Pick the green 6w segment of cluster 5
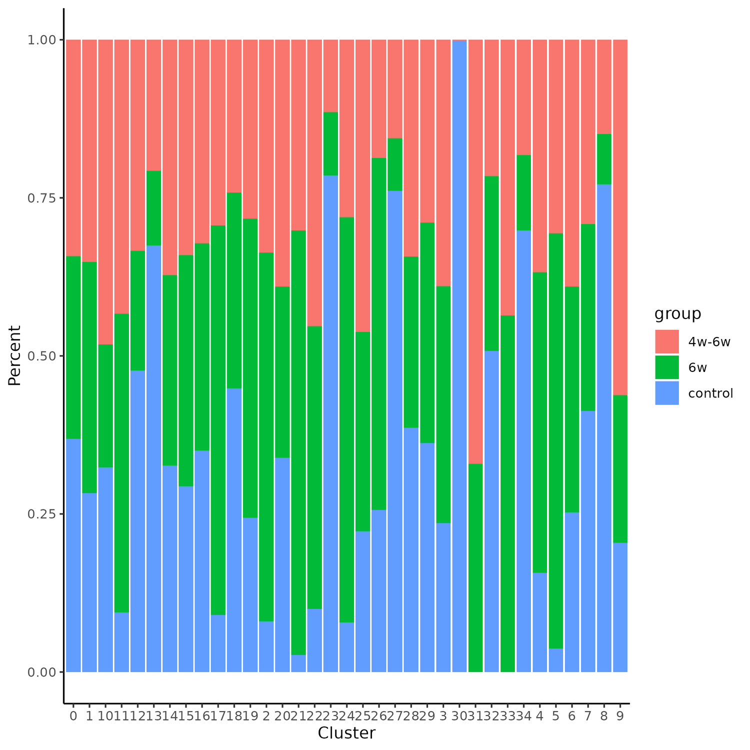(555, 440)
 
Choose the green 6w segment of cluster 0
(73, 347)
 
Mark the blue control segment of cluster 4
(539, 622)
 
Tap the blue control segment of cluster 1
(89, 582)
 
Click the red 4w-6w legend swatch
(667, 341)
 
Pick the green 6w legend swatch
(667, 367)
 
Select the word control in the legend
(710, 393)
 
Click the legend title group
(677, 314)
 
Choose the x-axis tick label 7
(587, 716)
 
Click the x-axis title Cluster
(346, 733)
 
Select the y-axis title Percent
(15, 355)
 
